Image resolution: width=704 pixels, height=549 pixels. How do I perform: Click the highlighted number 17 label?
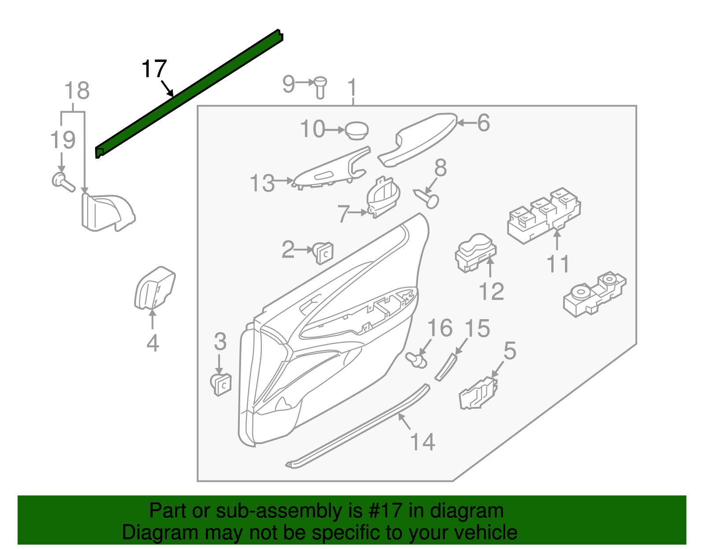pos(154,69)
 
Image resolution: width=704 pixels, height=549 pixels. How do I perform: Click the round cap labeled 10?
pos(356,131)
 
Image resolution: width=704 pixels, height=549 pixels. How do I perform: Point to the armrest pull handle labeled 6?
pos(418,141)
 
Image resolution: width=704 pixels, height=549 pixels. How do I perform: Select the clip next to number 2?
pos(323,252)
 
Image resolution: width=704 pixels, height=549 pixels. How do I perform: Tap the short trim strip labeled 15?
pos(446,367)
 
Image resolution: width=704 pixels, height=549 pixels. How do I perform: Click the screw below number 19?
pos(63,182)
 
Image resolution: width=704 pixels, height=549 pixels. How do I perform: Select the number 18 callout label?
pos(77,91)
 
